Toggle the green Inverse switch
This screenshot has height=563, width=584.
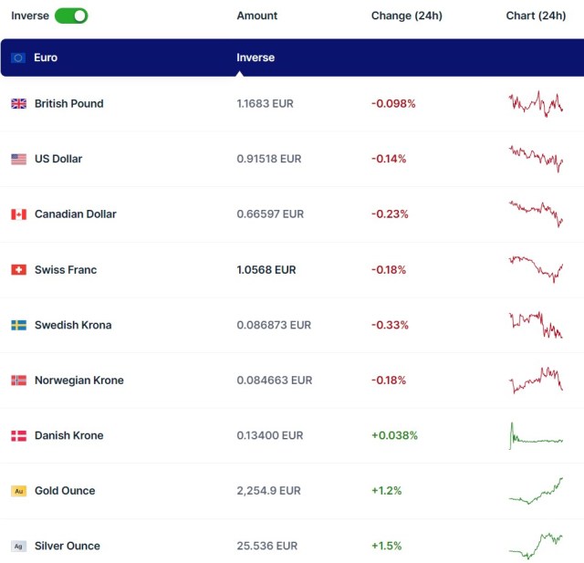coord(71,16)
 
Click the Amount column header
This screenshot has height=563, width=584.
coord(256,16)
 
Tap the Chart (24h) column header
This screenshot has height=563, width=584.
coord(536,16)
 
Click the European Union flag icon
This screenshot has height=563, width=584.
coord(18,57)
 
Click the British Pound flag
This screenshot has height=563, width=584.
coord(18,104)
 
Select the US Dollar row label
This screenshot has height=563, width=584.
coord(58,159)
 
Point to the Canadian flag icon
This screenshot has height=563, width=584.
coord(18,214)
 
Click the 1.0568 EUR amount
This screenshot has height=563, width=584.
coord(266,270)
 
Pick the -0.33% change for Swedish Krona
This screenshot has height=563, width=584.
coord(390,325)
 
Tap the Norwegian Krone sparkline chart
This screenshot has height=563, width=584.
coord(537,380)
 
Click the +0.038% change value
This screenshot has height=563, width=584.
coord(394,435)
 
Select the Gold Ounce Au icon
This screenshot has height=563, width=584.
coord(18,491)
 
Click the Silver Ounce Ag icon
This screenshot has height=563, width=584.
coord(18,546)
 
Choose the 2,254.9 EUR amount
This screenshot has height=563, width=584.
coord(268,491)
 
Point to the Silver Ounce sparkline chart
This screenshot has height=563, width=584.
coord(537,545)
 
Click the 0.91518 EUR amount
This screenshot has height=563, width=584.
coord(269,159)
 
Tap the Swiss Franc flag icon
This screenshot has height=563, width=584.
coord(18,270)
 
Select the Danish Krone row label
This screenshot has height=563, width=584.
coord(68,435)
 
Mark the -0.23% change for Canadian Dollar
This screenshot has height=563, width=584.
coord(390,214)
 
